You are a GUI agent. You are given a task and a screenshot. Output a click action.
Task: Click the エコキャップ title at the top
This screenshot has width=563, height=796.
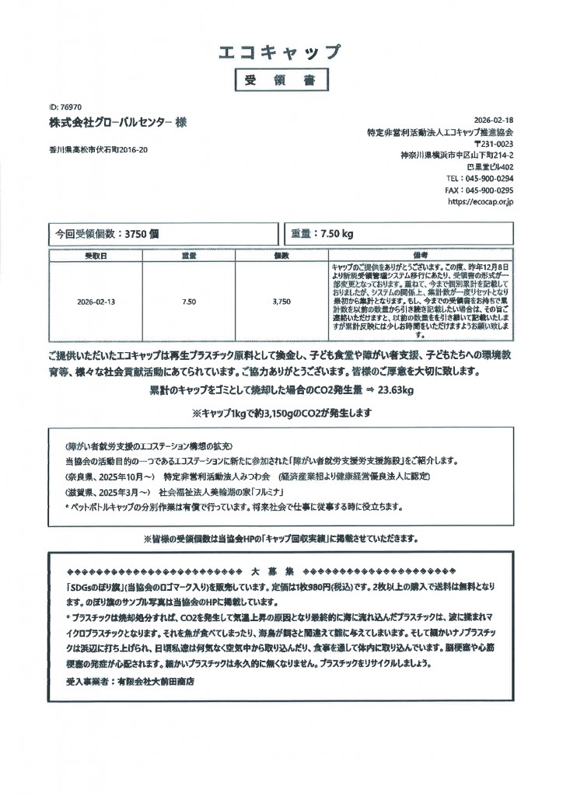pyautogui.click(x=281, y=53)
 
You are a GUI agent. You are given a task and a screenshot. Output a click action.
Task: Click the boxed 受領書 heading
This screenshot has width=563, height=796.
pyautogui.click(x=281, y=80)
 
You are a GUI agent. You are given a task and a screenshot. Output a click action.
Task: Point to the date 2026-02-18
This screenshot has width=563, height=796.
pyautogui.click(x=494, y=120)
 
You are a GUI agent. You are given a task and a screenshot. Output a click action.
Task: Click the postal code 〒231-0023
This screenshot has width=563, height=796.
pyautogui.click(x=493, y=144)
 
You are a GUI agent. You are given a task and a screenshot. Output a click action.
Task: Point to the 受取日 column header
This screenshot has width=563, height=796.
pyautogui.click(x=96, y=256)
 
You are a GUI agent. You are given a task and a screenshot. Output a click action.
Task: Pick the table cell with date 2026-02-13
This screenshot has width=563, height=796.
pyautogui.click(x=96, y=302)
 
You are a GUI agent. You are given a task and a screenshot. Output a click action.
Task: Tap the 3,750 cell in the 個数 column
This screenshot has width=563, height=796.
pyautogui.click(x=281, y=302)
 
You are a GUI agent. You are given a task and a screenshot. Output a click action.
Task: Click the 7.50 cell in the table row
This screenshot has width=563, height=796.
pyautogui.click(x=189, y=302)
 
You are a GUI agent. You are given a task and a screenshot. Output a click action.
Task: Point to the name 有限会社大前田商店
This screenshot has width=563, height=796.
pyautogui.click(x=155, y=681)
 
